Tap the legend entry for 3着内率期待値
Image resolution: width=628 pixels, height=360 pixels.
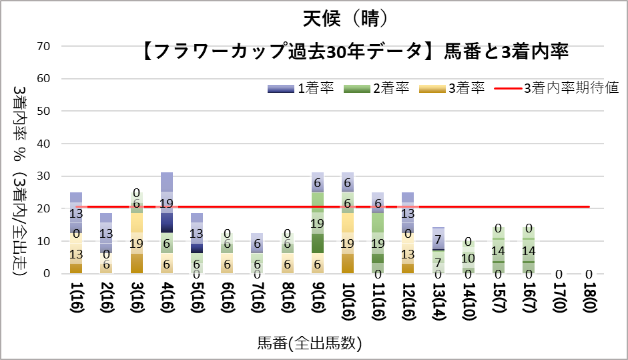point(556,88)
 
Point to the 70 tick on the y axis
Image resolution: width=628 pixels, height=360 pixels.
point(45,46)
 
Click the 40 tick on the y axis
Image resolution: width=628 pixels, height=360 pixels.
point(45,144)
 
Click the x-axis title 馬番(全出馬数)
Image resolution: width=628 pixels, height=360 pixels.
point(309,343)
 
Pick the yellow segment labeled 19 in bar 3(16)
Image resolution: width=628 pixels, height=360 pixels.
point(136,243)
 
